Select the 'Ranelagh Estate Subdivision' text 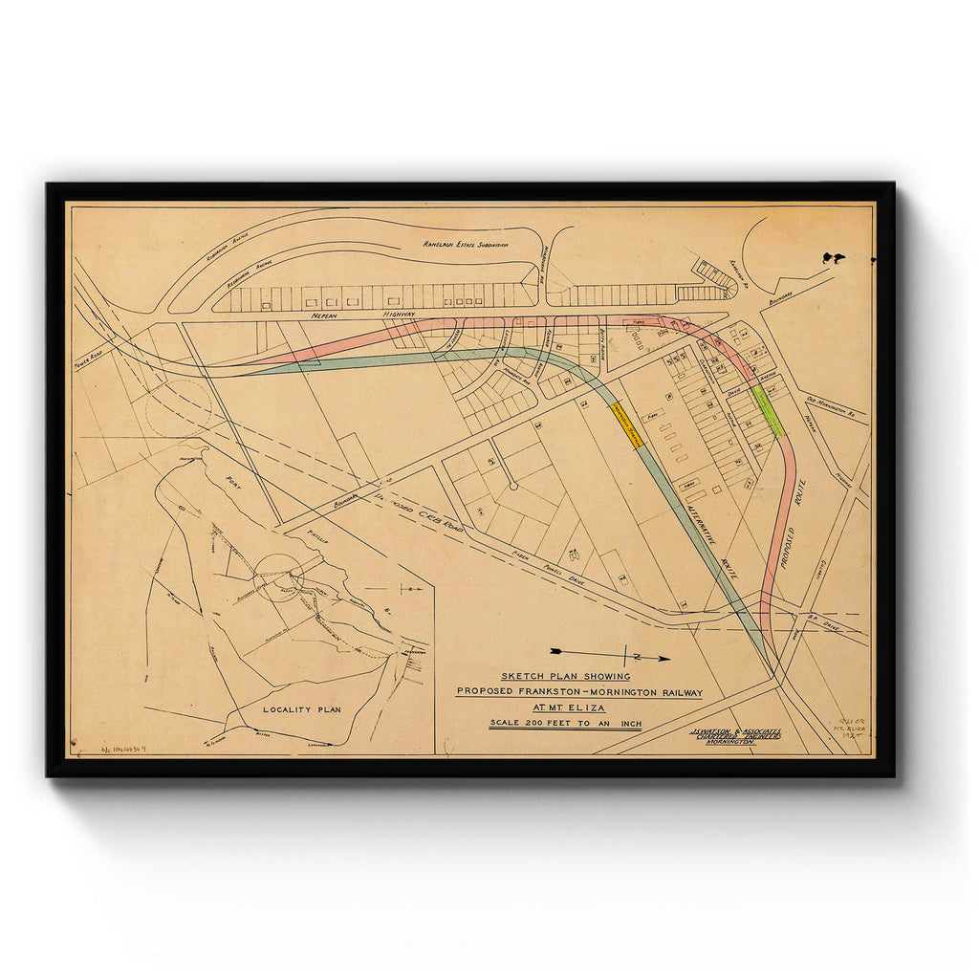click(x=466, y=245)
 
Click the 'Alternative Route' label click(x=712, y=539)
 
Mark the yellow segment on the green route click(x=626, y=424)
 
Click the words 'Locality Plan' click(x=302, y=709)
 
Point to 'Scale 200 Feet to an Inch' click(x=565, y=724)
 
